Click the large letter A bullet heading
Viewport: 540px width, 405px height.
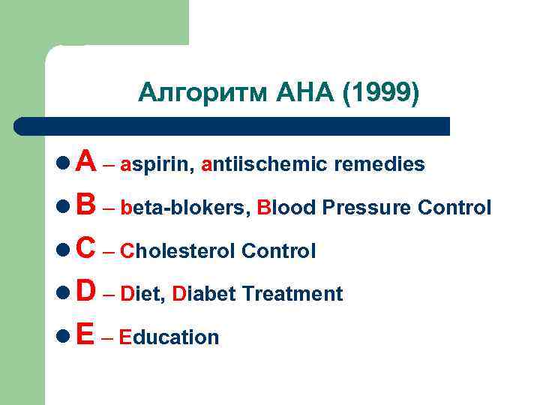pos(85,161)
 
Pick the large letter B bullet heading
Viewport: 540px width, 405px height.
pos(85,205)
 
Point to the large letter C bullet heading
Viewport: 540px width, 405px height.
pos(85,248)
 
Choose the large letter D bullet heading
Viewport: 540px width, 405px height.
pos(85,292)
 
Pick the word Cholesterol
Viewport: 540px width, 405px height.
pos(178,251)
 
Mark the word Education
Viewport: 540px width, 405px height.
pos(169,337)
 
